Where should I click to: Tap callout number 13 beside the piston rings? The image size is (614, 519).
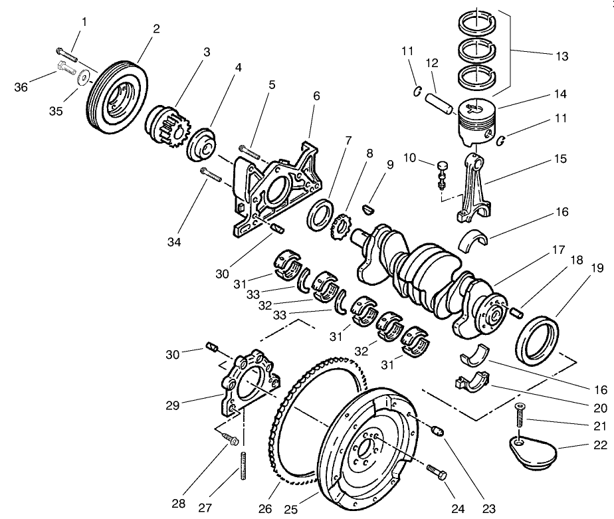[x=562, y=56]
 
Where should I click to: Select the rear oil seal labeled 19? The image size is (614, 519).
[x=538, y=340]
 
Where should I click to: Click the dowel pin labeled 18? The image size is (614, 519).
[x=518, y=308]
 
